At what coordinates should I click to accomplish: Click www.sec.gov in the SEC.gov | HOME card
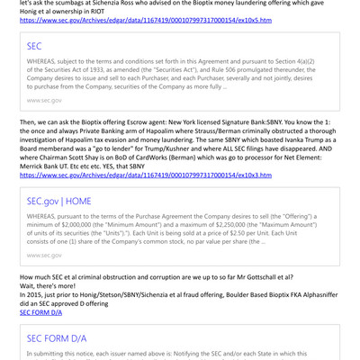coord(44,255)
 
